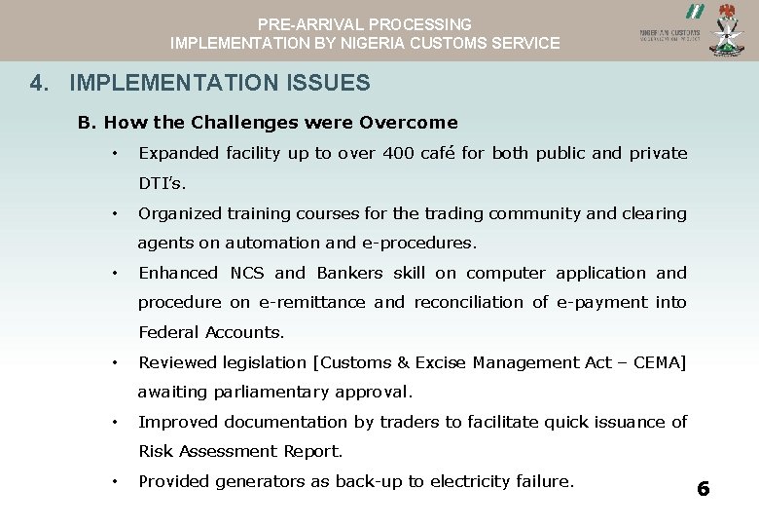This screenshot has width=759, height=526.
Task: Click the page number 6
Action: tap(704, 489)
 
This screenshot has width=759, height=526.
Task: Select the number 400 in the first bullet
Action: tap(398, 153)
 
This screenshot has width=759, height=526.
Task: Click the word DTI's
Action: tap(162, 183)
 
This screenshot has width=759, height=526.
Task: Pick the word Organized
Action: tap(178, 213)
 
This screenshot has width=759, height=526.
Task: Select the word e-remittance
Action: tap(311, 302)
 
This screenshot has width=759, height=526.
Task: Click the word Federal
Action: tap(167, 332)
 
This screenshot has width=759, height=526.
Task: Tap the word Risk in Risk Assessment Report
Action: tap(156, 451)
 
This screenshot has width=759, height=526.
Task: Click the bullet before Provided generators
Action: tap(115, 481)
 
